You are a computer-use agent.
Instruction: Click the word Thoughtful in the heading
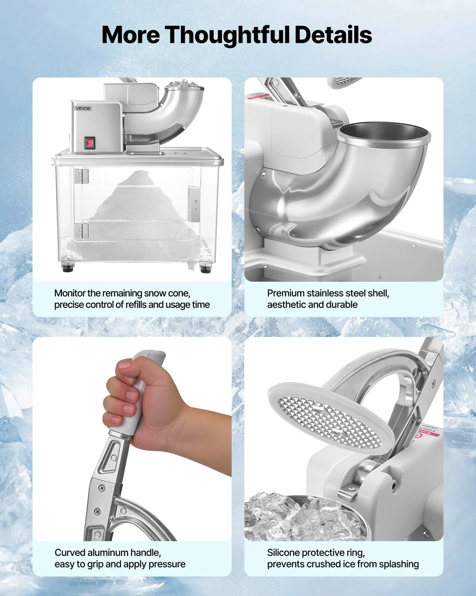tap(228, 35)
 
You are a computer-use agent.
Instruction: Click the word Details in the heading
tap(333, 35)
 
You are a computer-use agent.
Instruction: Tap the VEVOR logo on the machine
tap(83, 108)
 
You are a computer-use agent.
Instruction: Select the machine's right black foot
tap(205, 268)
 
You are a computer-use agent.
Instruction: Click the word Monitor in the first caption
tap(70, 293)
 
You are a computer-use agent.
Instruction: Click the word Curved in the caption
tap(70, 552)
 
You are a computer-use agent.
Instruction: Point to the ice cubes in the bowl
tap(294, 517)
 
